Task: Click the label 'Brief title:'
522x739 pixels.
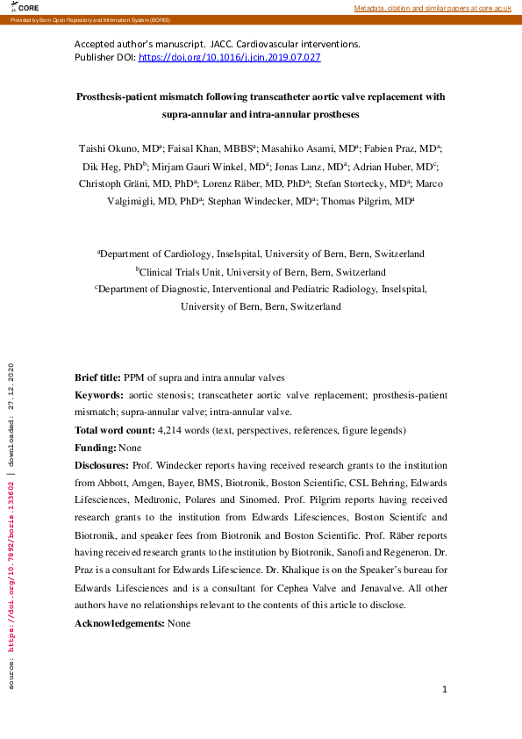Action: (97, 377)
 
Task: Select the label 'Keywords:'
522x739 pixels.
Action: (98, 396)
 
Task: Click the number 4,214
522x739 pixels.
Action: (168, 431)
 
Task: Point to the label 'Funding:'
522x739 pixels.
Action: (94, 448)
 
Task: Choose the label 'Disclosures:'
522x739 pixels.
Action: (103, 465)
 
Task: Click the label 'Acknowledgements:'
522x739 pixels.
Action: (119, 623)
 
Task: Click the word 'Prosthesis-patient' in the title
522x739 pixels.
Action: (122, 97)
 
